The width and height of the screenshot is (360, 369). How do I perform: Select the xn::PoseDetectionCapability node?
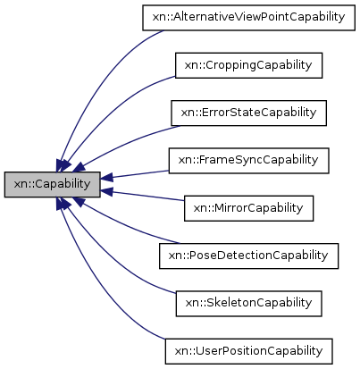coord(248,255)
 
